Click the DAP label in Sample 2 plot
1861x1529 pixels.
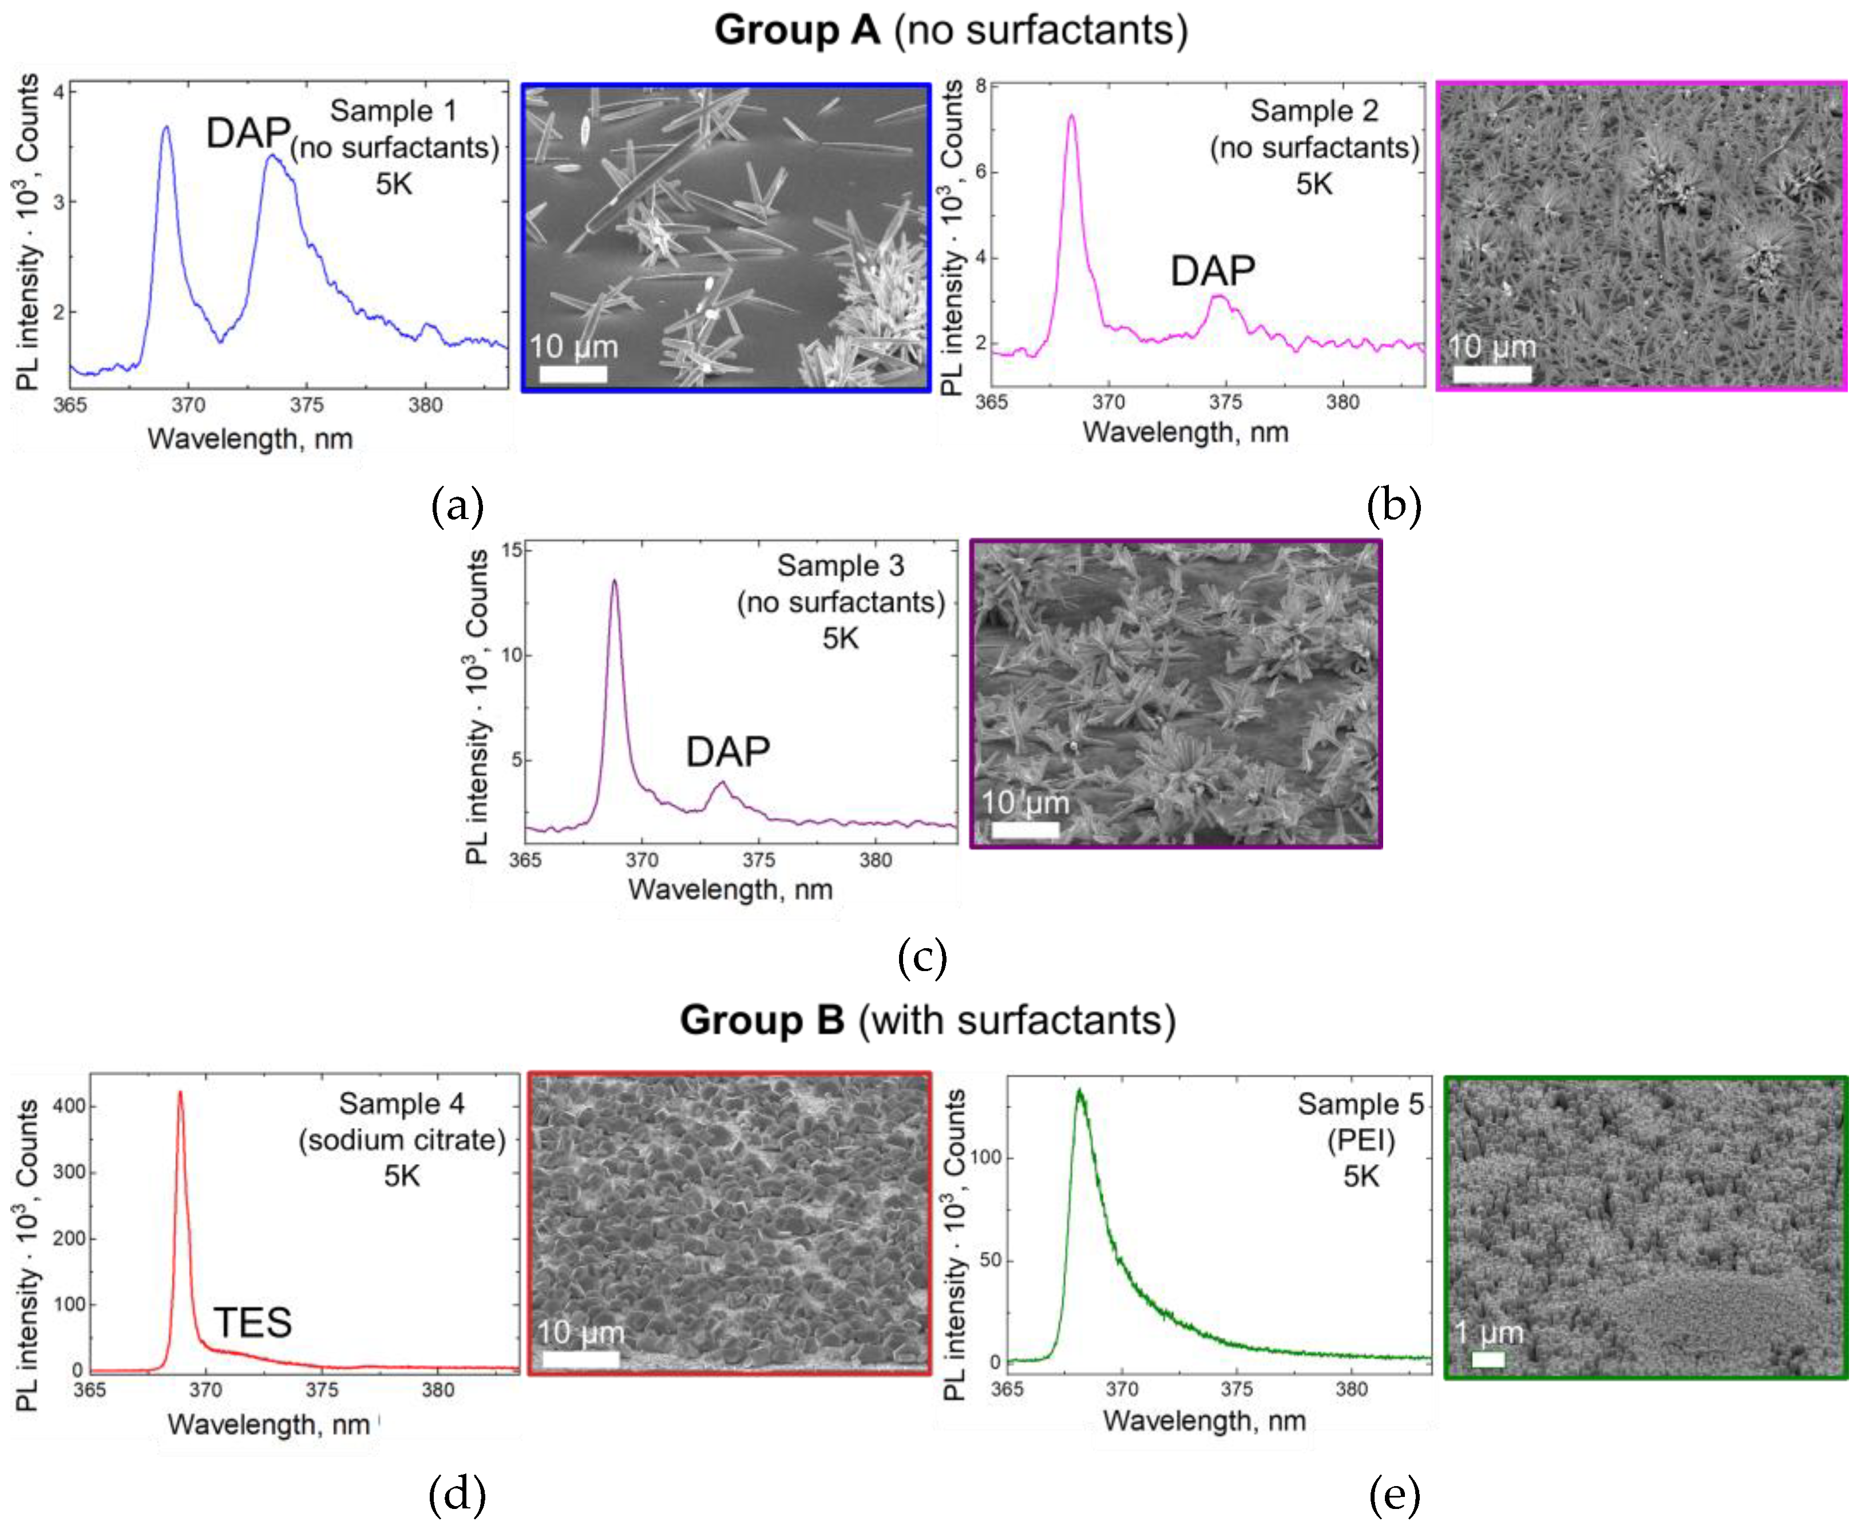tap(1212, 271)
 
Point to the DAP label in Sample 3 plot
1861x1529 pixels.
tap(727, 752)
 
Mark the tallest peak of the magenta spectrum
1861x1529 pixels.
tap(1071, 116)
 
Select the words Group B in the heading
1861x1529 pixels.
tap(762, 1020)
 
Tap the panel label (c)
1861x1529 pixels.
tap(921, 957)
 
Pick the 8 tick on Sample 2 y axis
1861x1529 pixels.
tap(980, 86)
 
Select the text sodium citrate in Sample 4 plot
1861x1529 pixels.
tap(402, 1140)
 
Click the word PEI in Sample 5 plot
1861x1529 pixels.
tap(1361, 1140)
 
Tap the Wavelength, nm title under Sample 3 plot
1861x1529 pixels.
tap(730, 890)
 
